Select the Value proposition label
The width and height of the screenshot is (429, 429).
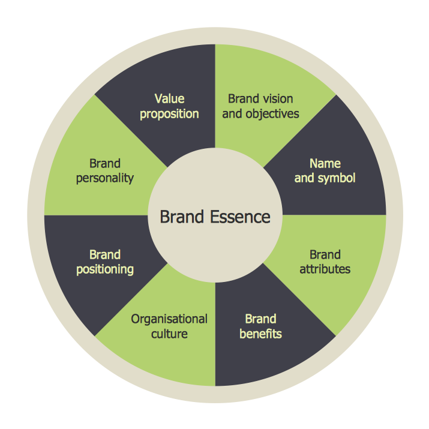[x=169, y=106]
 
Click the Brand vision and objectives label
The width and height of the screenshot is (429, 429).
[x=260, y=106]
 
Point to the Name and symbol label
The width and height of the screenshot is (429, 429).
[x=325, y=170]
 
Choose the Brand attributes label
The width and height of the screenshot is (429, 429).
[x=325, y=262]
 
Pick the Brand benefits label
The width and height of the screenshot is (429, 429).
[x=260, y=326]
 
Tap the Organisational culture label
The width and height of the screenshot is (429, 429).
[x=169, y=326]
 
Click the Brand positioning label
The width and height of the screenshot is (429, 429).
[x=105, y=262]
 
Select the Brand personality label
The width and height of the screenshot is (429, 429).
[x=105, y=170]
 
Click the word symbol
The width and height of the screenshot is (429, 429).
[x=335, y=178]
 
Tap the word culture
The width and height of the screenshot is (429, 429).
[x=169, y=334]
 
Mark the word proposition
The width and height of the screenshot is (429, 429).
[x=169, y=114]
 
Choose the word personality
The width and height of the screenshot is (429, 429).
[x=105, y=178]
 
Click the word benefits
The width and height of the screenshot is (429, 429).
[x=260, y=334]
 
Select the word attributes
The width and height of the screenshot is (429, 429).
[x=325, y=269]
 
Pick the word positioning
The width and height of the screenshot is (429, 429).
[x=105, y=269]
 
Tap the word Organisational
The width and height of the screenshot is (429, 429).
[x=169, y=319]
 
